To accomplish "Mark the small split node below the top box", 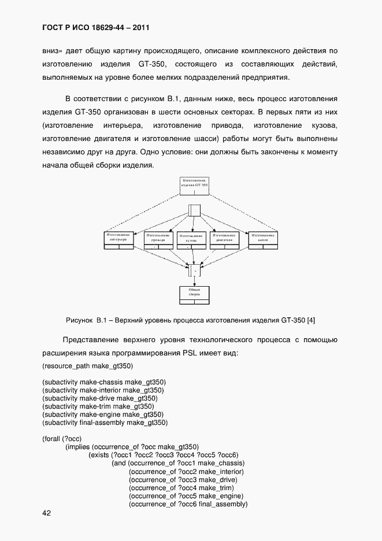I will pyautogui.click(x=194, y=210).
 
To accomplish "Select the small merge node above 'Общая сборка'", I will pyautogui.click(x=194, y=270).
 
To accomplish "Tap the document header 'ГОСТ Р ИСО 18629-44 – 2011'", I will pyautogui.click(x=97, y=27).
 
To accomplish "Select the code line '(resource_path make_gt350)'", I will pyautogui.click(x=88, y=366).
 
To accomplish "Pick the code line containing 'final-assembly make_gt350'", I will pyautogui.click(x=105, y=423).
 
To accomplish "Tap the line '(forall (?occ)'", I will pyautogui.click(x=62, y=439).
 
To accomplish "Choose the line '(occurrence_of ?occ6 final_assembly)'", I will pyautogui.click(x=188, y=504).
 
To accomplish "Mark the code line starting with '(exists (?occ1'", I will pyautogui.click(x=164, y=455).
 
